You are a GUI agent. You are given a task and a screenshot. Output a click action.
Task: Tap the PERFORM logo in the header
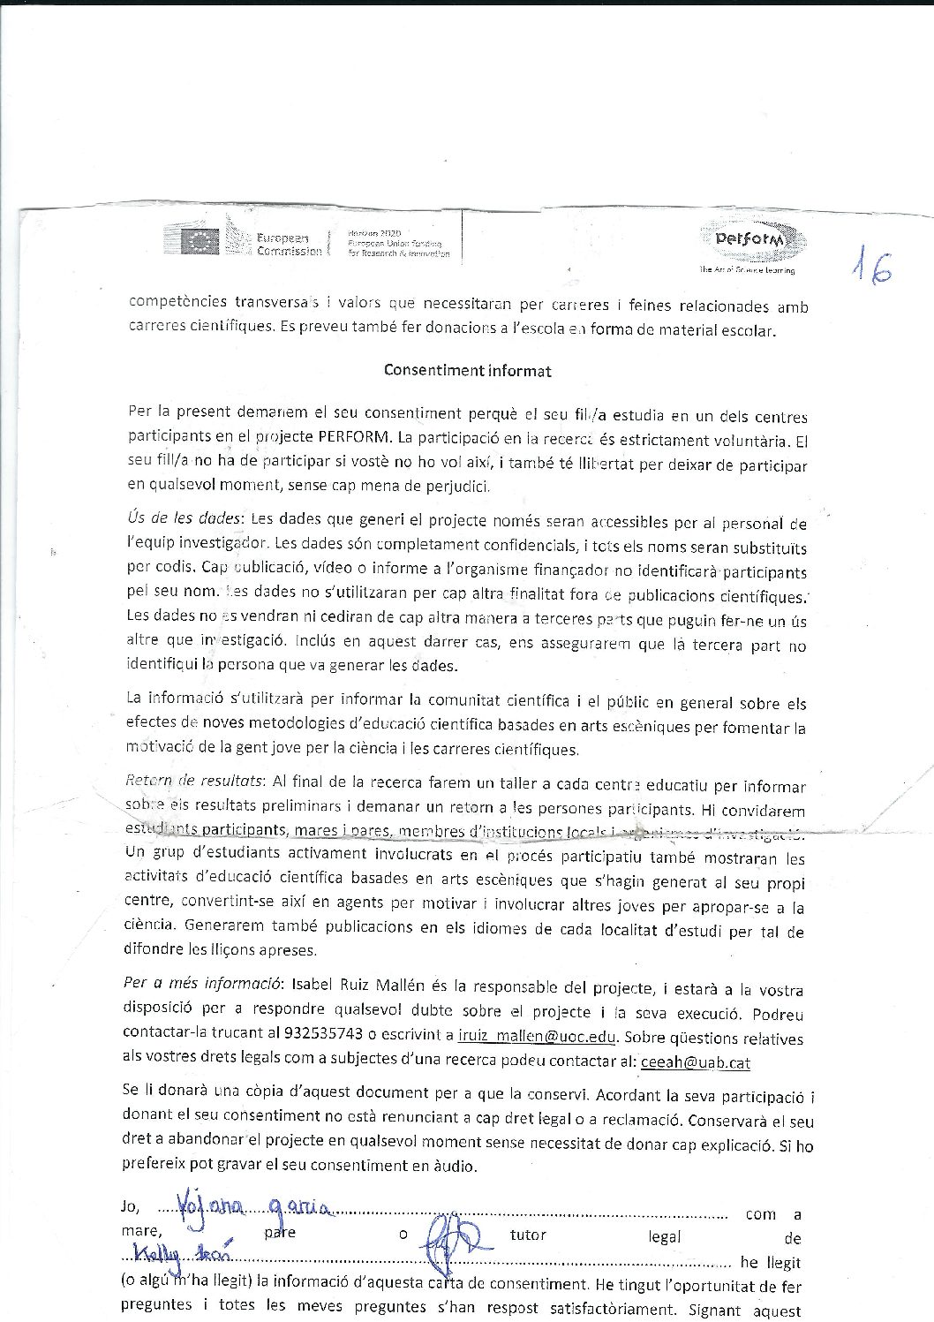(x=753, y=240)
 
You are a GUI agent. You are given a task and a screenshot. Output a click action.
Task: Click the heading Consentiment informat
(x=467, y=371)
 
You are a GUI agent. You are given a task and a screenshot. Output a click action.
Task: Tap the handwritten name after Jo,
(x=253, y=1206)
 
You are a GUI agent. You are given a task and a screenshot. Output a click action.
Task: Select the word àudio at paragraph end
(x=454, y=1166)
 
